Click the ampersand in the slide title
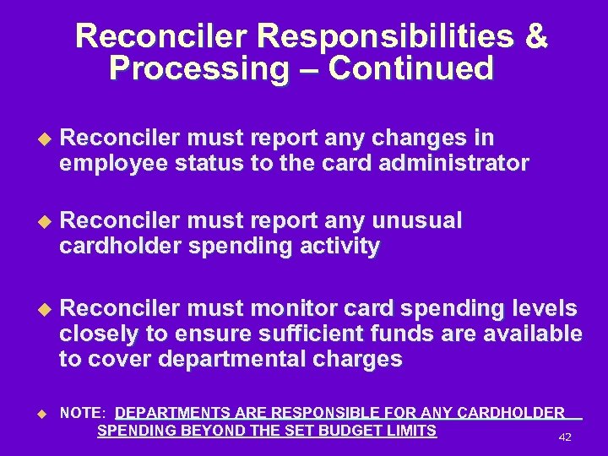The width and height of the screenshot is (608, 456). [535, 37]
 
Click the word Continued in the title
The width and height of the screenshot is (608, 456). [410, 68]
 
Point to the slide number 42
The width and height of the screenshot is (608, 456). [566, 437]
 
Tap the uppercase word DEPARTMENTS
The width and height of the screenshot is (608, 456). [172, 413]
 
